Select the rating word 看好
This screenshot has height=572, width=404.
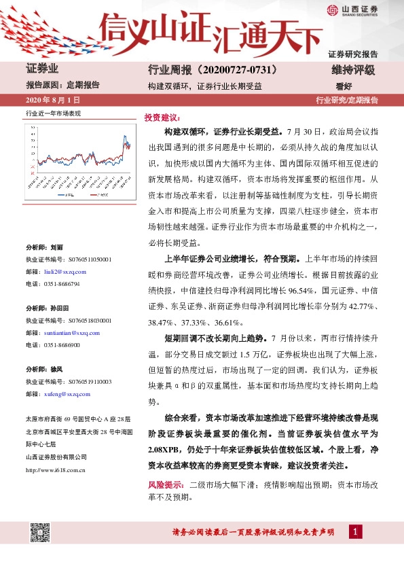pyautogui.click(x=344, y=86)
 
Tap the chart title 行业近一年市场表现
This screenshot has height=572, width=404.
pyautogui.click(x=52, y=113)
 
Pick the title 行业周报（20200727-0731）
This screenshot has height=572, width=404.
pyautogui.click(x=213, y=70)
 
